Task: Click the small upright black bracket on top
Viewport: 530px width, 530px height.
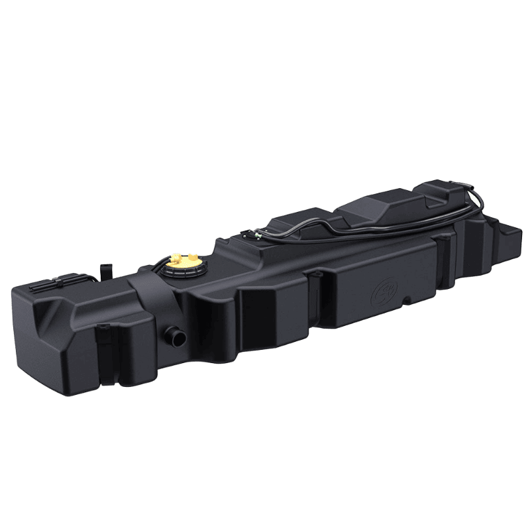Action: click(x=103, y=272)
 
